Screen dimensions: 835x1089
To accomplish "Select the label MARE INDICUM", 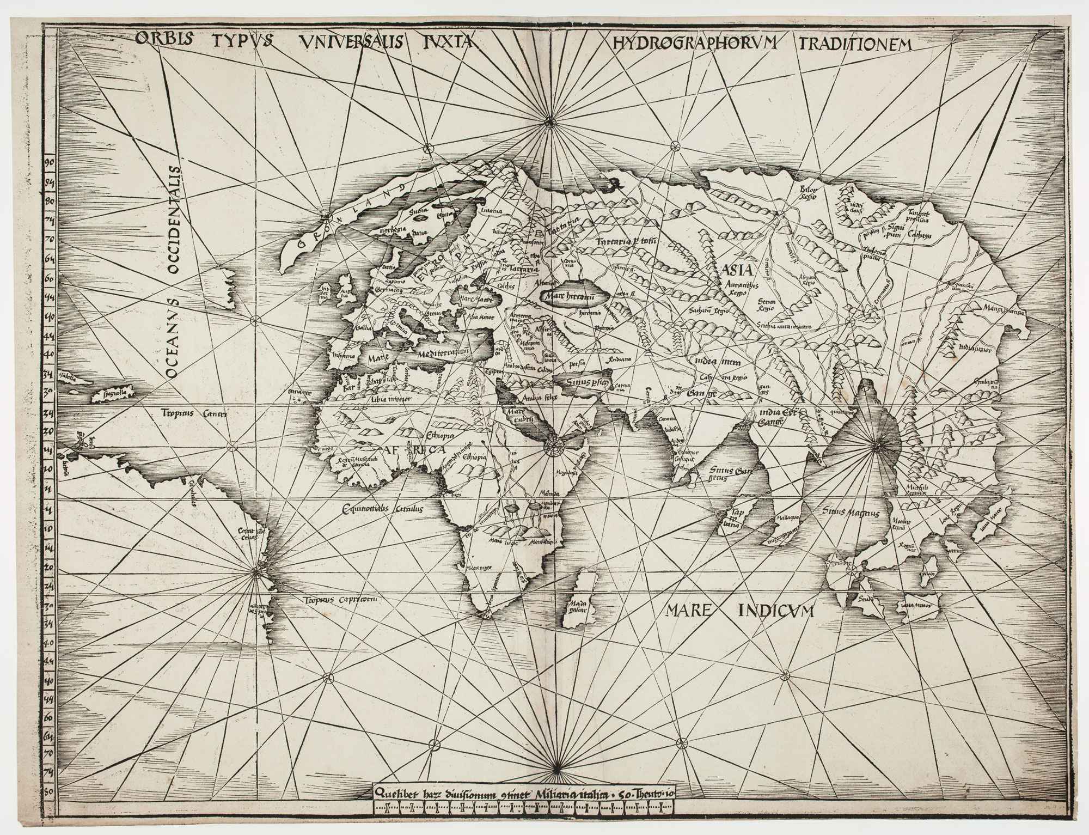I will click(739, 611).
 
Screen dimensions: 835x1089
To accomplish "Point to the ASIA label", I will click(737, 270).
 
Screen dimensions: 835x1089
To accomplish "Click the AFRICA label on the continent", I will click(415, 450).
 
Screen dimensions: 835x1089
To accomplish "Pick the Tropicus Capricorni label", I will click(340, 599).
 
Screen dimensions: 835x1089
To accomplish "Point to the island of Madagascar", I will click(578, 605).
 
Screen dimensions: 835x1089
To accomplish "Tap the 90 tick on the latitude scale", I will click(49, 162).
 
